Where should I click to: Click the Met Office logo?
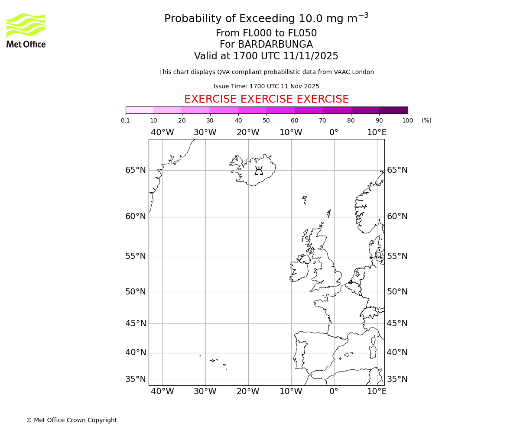(26, 30)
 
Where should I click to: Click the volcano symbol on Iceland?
(259, 171)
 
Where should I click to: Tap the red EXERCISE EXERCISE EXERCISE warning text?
(266, 99)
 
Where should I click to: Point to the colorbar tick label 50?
(266, 121)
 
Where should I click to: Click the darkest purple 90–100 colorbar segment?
(393, 110)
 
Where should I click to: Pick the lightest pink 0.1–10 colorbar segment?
(140, 110)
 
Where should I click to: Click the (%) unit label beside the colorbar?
(426, 121)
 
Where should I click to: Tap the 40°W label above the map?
(162, 132)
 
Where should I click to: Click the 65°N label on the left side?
(136, 170)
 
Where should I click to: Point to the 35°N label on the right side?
(397, 379)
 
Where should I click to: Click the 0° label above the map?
(334, 132)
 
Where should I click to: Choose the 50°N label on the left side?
(136, 292)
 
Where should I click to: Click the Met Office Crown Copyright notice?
(71, 420)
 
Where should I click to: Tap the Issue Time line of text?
(266, 87)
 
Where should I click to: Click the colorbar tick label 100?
(407, 121)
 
